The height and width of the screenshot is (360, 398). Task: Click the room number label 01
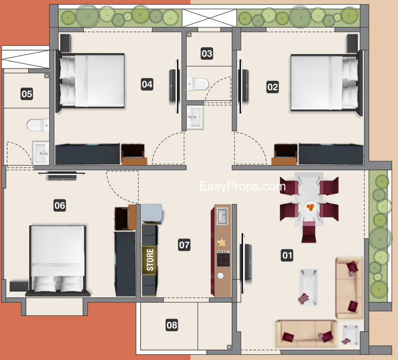pyautogui.click(x=287, y=256)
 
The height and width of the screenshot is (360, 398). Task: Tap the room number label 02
pyautogui.click(x=273, y=87)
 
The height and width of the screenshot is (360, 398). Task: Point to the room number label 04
pyautogui.click(x=147, y=84)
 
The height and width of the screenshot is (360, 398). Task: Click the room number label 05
pyautogui.click(x=27, y=93)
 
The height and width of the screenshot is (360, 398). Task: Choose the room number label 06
pyautogui.click(x=59, y=205)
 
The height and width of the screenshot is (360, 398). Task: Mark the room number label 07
pyautogui.click(x=184, y=244)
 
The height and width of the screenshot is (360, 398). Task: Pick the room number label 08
pyautogui.click(x=172, y=325)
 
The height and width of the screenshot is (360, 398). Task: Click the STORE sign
pyautogui.click(x=150, y=259)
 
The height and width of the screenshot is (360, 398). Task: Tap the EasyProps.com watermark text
pyautogui.click(x=242, y=187)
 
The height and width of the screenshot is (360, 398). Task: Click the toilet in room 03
pyautogui.click(x=198, y=83)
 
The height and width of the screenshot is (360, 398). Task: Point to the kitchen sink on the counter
pyautogui.click(x=222, y=217)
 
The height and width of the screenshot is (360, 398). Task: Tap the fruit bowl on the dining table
pyautogui.click(x=310, y=207)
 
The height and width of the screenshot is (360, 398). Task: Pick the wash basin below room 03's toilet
pyautogui.click(x=194, y=117)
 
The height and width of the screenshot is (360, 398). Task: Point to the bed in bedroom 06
pyautogui.click(x=57, y=259)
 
